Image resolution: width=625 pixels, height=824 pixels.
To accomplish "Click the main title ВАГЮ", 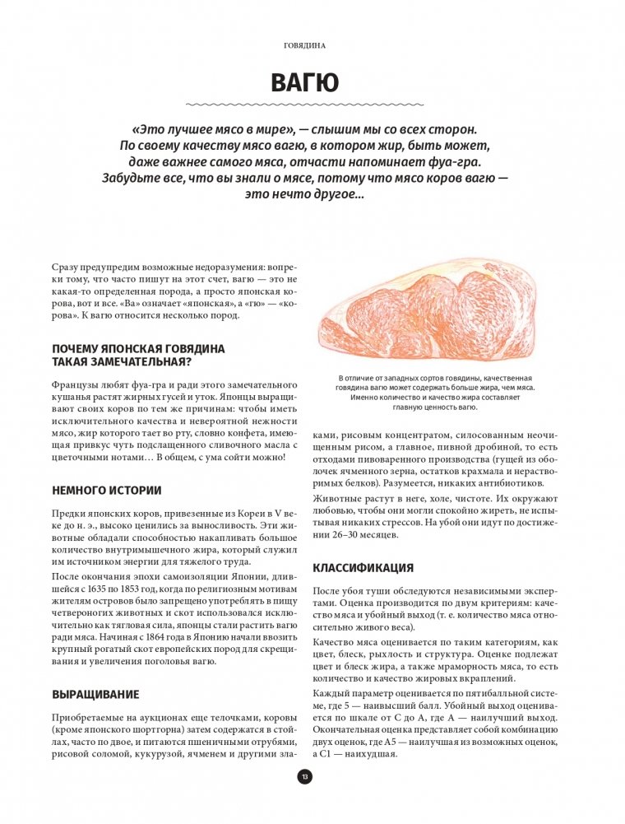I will click(x=304, y=82).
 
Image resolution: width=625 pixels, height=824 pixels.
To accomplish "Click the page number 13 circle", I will click(x=304, y=776).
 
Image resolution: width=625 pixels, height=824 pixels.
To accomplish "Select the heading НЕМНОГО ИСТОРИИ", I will click(x=106, y=491).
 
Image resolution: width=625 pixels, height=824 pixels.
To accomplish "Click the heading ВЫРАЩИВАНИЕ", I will click(x=95, y=694).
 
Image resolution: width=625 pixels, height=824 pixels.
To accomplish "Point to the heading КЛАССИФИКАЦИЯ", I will click(x=363, y=567).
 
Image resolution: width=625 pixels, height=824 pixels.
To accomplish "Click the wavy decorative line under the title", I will click(x=304, y=105).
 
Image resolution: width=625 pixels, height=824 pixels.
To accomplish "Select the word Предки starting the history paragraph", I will click(x=68, y=515).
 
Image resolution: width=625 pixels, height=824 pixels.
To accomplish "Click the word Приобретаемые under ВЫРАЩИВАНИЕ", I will click(x=88, y=718).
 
